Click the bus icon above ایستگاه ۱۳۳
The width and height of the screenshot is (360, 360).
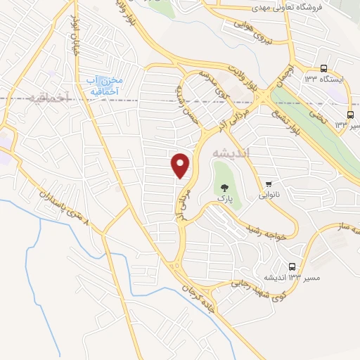(323, 68)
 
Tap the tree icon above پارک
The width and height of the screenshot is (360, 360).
(224, 188)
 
